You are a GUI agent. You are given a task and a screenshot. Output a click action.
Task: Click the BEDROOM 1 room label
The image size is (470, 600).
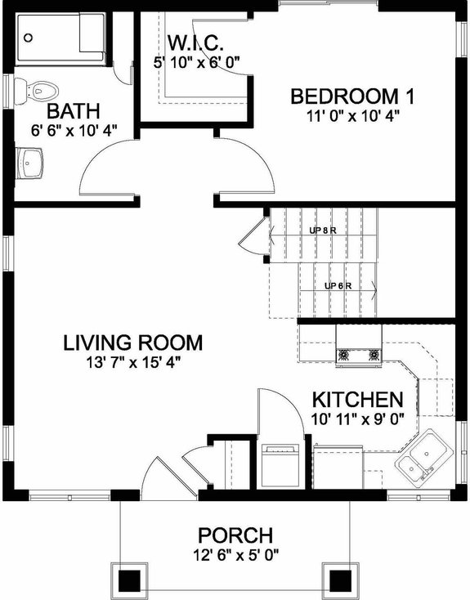353,96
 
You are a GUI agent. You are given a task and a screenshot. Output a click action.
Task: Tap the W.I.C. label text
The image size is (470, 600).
195,42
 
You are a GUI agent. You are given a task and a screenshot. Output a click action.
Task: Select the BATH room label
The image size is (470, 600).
74,110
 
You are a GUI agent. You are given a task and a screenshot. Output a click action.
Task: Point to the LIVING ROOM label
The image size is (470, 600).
132,342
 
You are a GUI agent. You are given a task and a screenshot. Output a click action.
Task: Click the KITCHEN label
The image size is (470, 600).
358,400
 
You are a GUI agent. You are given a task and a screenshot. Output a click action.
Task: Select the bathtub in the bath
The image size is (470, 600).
60,38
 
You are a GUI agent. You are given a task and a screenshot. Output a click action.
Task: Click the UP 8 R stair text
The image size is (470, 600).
323,230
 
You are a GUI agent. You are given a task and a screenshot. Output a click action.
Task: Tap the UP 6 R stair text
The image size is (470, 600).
338,285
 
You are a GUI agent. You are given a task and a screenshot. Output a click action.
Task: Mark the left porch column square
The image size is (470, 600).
128,580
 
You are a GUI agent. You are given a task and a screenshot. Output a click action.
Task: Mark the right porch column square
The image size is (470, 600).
339,580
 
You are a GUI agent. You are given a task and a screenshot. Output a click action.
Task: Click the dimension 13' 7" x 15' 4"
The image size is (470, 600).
132,361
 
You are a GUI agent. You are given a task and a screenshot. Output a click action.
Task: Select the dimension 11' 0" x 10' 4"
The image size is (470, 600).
353,116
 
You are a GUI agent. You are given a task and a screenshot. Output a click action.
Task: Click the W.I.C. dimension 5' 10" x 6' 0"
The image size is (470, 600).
195,60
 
